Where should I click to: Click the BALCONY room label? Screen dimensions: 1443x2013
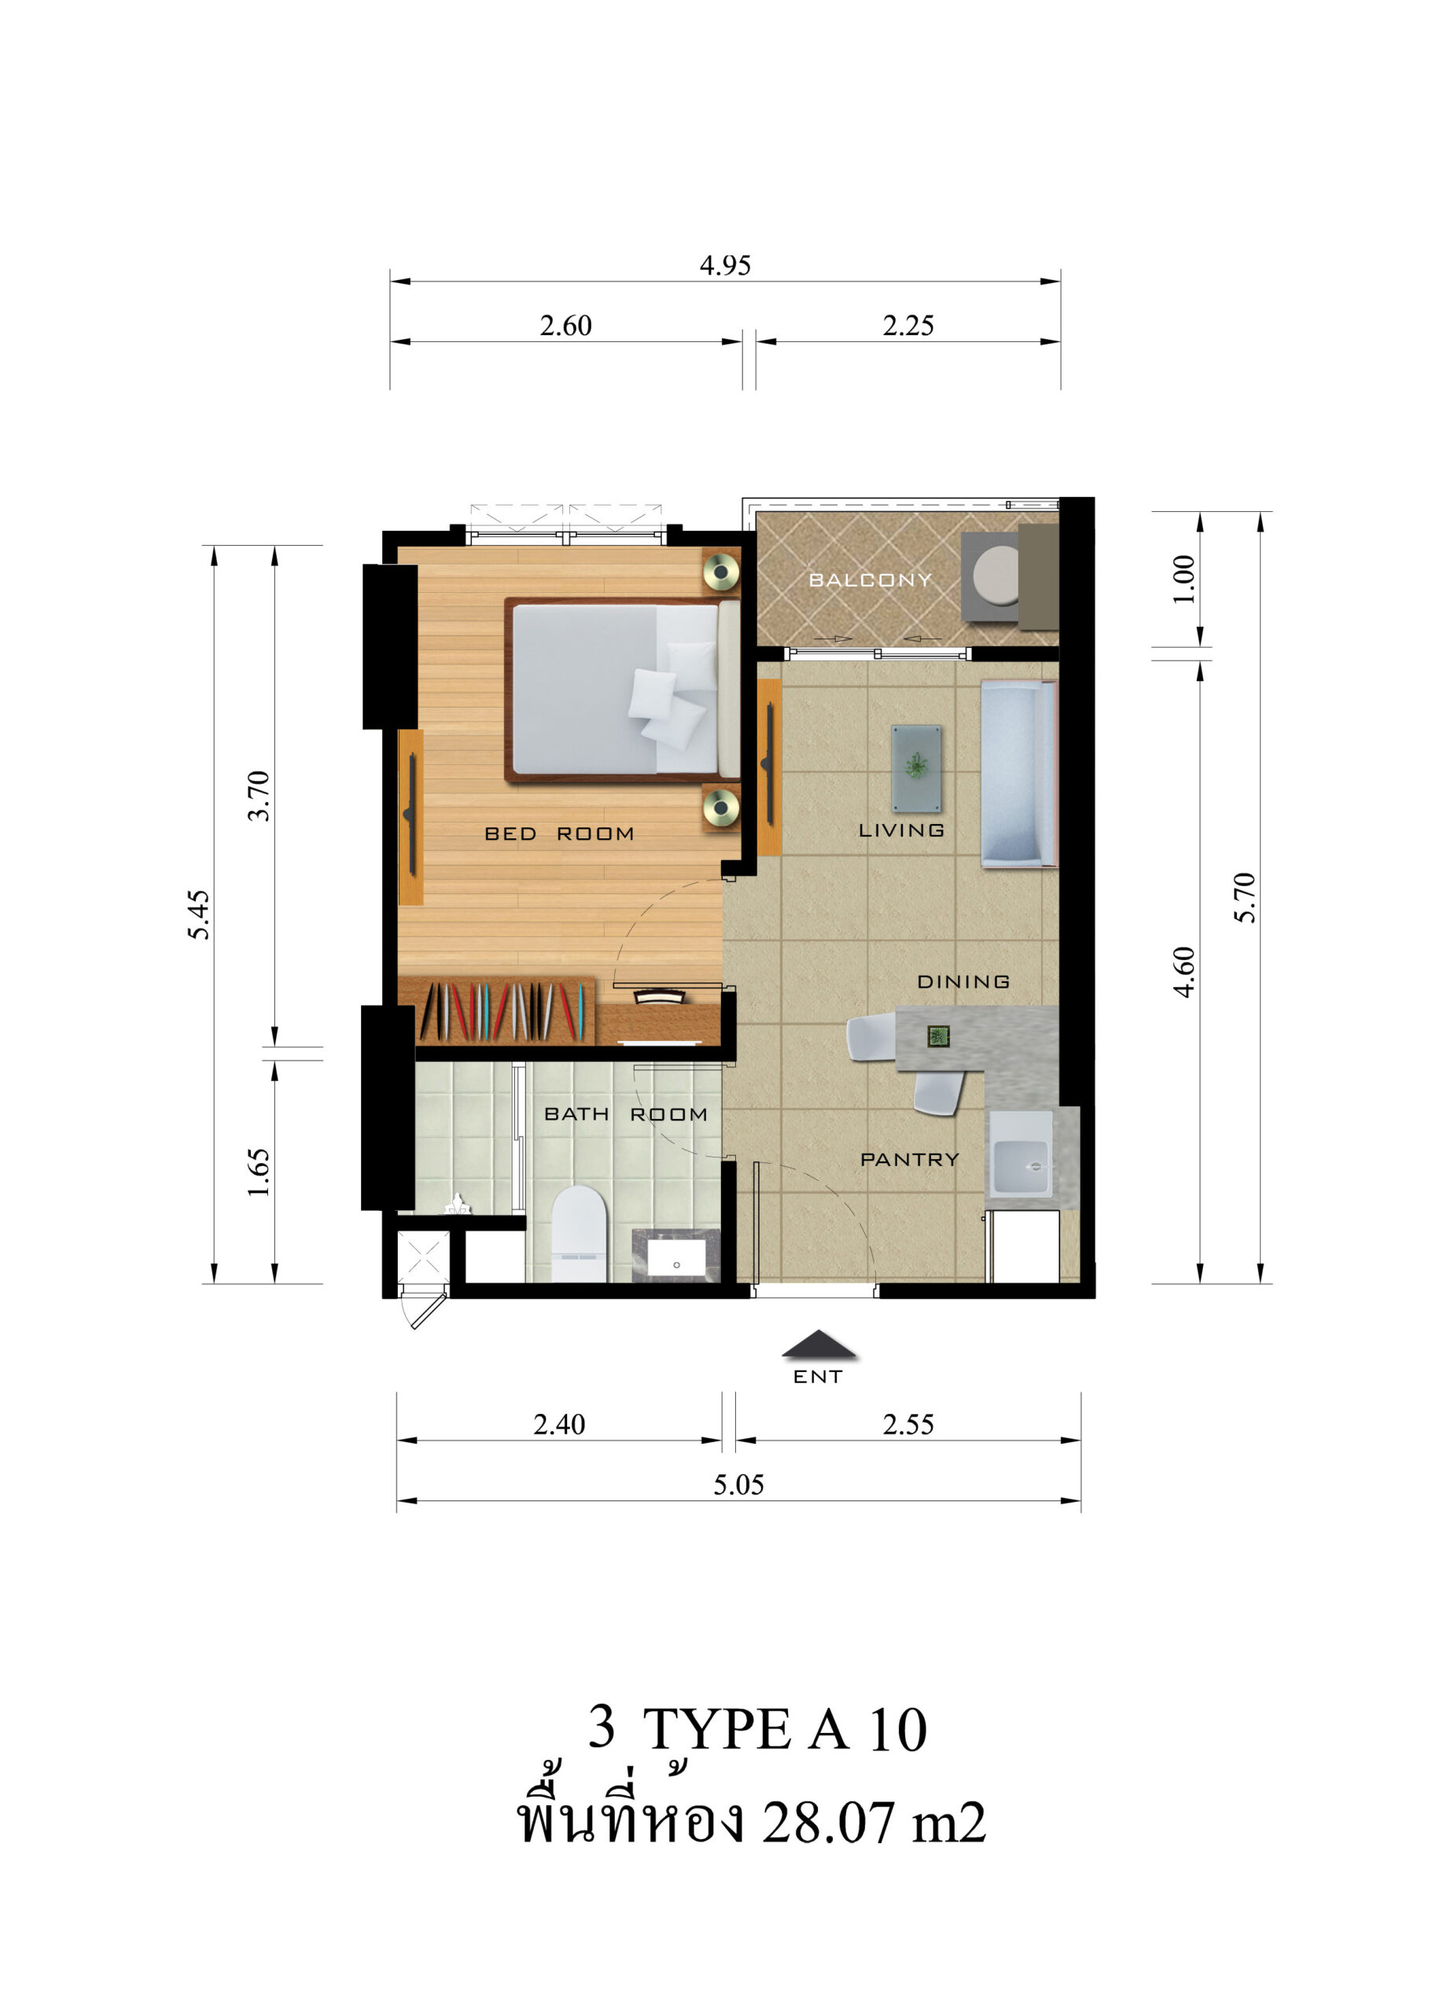pyautogui.click(x=871, y=580)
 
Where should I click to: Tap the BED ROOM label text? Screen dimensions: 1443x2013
pyautogui.click(x=559, y=834)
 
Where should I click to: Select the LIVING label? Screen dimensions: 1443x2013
pyautogui.click(x=900, y=830)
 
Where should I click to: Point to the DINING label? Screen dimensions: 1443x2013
pyautogui.click(x=963, y=981)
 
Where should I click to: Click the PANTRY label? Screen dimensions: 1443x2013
pyautogui.click(x=910, y=1159)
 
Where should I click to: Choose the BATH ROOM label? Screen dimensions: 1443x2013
pyautogui.click(x=626, y=1114)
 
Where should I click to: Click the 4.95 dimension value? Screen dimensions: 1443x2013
pyautogui.click(x=725, y=265)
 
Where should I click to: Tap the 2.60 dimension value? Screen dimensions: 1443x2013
pyautogui.click(x=565, y=326)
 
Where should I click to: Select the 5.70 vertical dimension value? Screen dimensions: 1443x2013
pyautogui.click(x=1245, y=897)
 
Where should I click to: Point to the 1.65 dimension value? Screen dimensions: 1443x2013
pyautogui.click(x=258, y=1172)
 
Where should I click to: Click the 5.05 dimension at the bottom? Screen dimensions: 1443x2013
pyautogui.click(x=738, y=1484)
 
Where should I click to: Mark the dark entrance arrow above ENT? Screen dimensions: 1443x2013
pyautogui.click(x=819, y=1345)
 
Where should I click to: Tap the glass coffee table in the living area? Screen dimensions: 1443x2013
pyautogui.click(x=916, y=767)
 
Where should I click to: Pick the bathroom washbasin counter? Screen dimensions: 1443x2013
pyautogui.click(x=675, y=1255)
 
